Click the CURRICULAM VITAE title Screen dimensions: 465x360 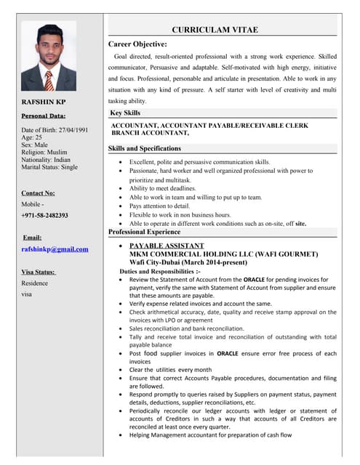pyautogui.click(x=215, y=30)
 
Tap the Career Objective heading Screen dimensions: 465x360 pyautogui.click(x=137, y=44)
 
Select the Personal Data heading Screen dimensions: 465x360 pyautogui.click(x=43, y=116)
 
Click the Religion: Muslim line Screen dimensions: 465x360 pyautogui.click(x=49, y=151)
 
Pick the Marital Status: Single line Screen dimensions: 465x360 pyautogui.click(x=49, y=167)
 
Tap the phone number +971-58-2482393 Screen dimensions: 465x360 pyautogui.click(x=45, y=215)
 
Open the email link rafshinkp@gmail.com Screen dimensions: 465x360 pyautogui.click(x=55, y=248)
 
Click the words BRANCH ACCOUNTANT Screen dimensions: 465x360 pyautogui.click(x=150, y=134)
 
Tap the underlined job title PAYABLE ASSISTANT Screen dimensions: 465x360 pyautogui.click(x=167, y=246)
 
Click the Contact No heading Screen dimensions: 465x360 pyautogui.click(x=38, y=193)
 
